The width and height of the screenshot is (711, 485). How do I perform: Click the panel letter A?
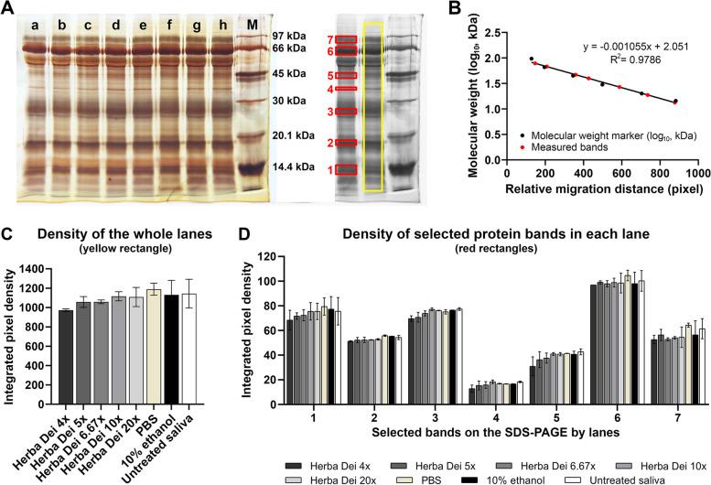[7, 9]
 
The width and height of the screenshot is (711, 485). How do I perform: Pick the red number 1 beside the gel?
[328, 170]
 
